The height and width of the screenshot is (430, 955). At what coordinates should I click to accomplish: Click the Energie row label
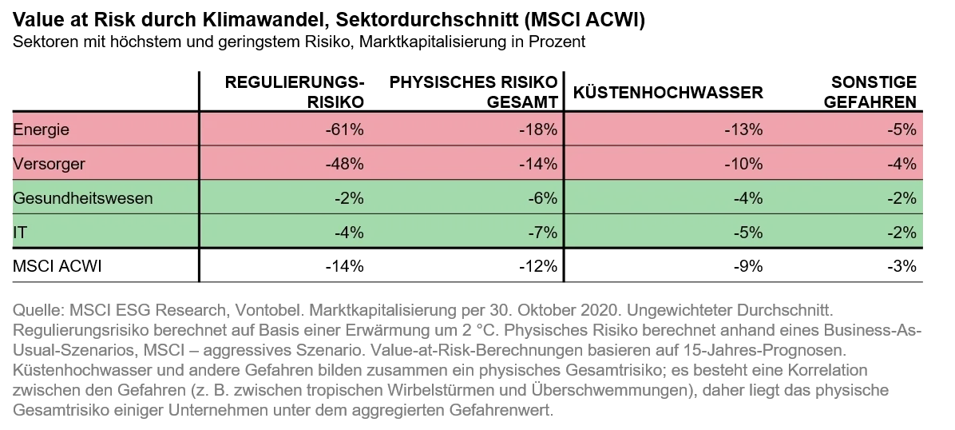[42, 129]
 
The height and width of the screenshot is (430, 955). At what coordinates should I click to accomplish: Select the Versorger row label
[50, 164]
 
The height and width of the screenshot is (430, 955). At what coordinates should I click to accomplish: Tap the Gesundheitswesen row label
[83, 198]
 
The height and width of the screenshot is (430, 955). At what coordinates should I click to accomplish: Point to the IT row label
[20, 233]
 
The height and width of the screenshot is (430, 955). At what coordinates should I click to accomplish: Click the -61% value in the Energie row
[345, 129]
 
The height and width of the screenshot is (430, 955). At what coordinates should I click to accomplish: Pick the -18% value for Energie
[538, 129]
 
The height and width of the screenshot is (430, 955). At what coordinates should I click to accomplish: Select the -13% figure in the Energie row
[743, 129]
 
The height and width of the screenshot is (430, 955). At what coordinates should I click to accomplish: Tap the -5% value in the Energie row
[902, 129]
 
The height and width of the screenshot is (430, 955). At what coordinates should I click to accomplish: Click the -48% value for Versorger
[345, 164]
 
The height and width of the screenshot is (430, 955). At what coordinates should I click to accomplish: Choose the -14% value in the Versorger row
[538, 164]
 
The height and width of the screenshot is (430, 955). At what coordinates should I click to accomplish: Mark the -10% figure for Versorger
[743, 164]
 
